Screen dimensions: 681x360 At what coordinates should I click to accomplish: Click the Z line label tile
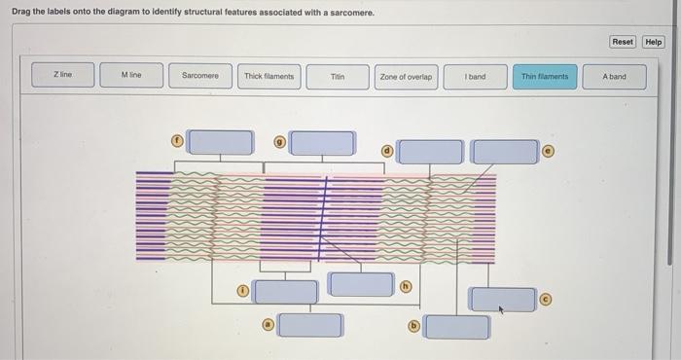coord(63,75)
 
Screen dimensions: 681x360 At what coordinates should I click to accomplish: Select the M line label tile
coord(131,75)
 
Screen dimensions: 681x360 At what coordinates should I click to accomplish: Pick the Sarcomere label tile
coord(200,76)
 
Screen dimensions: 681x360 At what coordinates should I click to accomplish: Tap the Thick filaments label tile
coord(269,77)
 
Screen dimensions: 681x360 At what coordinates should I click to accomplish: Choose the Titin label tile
coord(338,77)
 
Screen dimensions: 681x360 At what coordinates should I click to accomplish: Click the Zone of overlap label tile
coord(406,77)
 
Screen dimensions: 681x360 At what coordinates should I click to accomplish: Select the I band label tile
coord(475,77)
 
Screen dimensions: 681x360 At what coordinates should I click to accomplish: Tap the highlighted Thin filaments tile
coord(545,77)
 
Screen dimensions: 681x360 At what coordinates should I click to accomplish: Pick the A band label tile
coord(614,77)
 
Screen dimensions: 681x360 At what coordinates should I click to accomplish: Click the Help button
coord(653,42)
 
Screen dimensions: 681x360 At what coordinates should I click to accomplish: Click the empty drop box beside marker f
coord(220,142)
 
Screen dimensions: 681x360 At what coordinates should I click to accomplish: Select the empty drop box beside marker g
coord(322,143)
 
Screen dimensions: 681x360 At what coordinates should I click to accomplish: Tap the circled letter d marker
coord(387,151)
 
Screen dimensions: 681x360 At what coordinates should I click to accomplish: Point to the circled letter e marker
coord(549,151)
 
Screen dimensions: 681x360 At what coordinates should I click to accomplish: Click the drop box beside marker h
coord(361,284)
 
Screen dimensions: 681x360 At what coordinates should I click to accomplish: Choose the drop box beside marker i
coord(285,292)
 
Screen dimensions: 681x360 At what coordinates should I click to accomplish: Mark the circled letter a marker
coord(269,324)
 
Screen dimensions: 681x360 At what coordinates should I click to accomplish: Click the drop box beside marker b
coord(457,327)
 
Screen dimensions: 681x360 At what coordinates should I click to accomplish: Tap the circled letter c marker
coord(546,300)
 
